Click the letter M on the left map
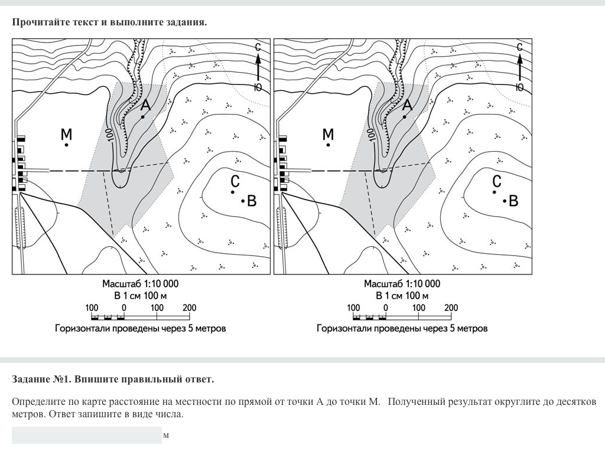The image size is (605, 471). [x=66, y=135]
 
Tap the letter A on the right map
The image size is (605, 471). [x=407, y=105]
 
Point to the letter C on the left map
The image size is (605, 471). [x=235, y=181]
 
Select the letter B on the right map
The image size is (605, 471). [x=513, y=201]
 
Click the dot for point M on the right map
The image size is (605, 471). [x=328, y=145]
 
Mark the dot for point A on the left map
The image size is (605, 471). [x=143, y=117]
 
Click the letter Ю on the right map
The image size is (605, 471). [x=519, y=87]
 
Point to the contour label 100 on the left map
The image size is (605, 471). [x=110, y=133]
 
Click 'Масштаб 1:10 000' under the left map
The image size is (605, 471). [x=140, y=284]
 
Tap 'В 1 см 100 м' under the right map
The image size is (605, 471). [x=402, y=296]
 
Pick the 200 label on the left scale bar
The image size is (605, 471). [x=189, y=308]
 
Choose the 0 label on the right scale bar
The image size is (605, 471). [x=386, y=308]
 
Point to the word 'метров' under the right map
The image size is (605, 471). [x=472, y=328]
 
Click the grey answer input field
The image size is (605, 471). [x=86, y=436]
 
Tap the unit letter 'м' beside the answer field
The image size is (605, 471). [x=166, y=436]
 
